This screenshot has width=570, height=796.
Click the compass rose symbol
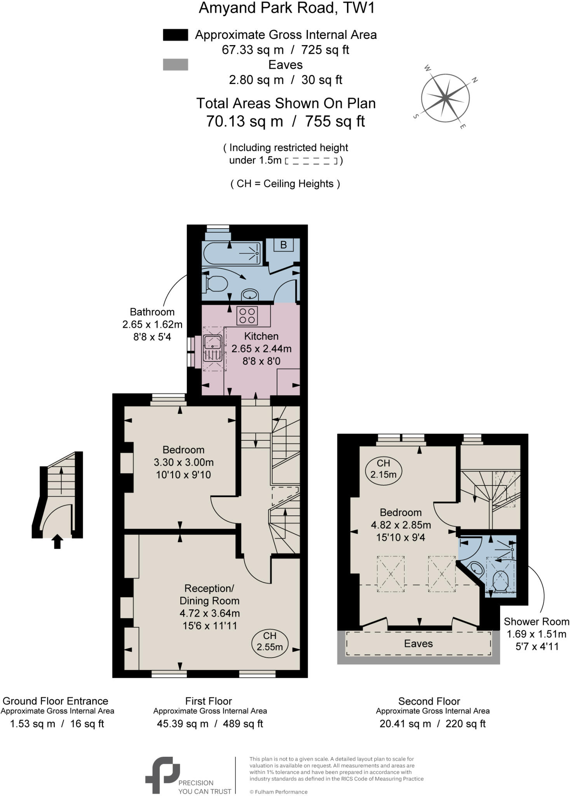point(445,97)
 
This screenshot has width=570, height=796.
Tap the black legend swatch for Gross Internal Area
point(175,35)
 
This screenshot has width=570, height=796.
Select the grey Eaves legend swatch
point(175,65)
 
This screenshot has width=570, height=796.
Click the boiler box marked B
point(283,245)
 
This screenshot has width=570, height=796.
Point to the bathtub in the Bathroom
point(232,253)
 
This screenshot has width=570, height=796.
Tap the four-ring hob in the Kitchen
point(247,316)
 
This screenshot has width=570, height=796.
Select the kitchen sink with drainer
point(213,348)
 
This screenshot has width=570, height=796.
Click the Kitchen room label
point(261,336)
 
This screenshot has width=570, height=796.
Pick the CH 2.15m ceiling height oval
point(383,469)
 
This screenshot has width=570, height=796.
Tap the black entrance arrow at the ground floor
point(57,541)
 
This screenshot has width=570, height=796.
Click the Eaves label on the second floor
point(418,644)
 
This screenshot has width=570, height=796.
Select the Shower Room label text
point(536,621)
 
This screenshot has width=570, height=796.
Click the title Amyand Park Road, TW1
point(286,8)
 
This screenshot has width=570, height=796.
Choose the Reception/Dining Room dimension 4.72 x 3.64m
point(209,613)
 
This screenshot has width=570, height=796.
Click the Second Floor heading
point(429,701)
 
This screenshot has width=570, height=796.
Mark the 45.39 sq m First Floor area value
point(183,724)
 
